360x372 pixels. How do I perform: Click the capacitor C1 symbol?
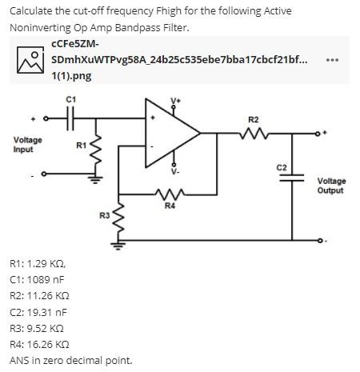70,118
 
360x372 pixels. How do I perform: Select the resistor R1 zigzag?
96,149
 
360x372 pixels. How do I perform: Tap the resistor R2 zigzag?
254,134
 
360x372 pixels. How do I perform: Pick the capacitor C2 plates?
292,178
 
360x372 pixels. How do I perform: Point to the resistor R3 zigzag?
118,218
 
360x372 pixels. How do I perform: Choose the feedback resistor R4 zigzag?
170,194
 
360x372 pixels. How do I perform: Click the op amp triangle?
172,133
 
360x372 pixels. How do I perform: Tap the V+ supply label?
175,101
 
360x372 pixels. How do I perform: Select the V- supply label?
175,172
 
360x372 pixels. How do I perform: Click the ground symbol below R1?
96,179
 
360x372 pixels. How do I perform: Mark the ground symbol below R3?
118,245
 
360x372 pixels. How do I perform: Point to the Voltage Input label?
28,145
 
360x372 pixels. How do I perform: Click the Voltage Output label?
331,186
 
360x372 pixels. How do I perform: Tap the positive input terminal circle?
46,118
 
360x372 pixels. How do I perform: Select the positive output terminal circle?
317,134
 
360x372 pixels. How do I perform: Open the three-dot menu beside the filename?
333,60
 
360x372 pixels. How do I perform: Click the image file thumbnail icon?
30,60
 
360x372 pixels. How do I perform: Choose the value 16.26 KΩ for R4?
48,344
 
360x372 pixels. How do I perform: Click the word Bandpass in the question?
138,27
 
